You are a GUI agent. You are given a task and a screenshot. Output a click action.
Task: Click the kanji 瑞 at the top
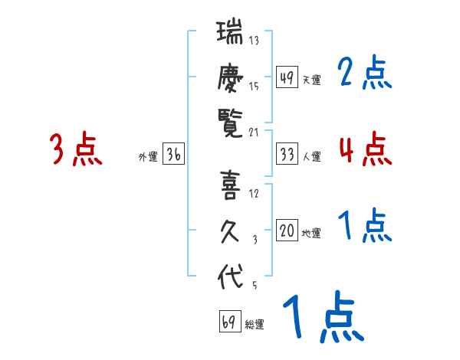[x=230, y=34]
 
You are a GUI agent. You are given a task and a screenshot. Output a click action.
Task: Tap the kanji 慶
[x=230, y=78]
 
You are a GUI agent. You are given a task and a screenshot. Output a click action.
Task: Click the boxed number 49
[x=287, y=78]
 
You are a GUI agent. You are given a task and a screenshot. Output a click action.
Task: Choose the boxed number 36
[x=173, y=155]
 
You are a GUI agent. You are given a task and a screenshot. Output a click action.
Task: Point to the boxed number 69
[x=229, y=322]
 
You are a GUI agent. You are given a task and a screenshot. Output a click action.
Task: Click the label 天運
[x=311, y=80]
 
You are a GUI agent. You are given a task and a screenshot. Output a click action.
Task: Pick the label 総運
[x=255, y=325]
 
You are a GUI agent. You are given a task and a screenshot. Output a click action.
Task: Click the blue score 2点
[x=364, y=74]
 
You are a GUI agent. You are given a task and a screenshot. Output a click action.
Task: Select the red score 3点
[x=76, y=149]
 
